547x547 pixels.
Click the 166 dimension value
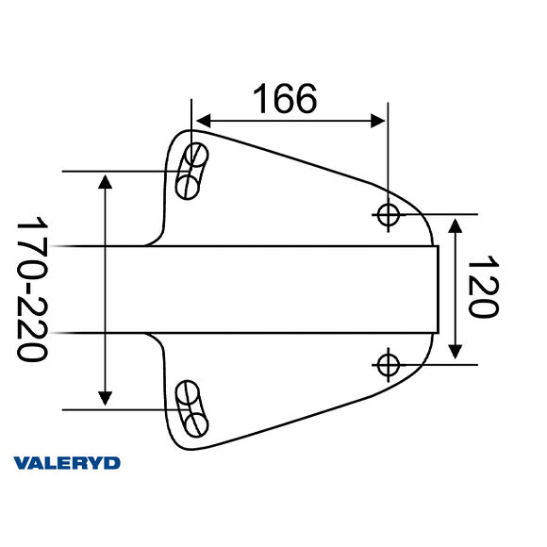[285, 98]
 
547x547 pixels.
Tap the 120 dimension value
[482, 288]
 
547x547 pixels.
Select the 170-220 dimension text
[34, 290]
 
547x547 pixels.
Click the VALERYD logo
[67, 462]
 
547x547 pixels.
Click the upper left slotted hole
[191, 170]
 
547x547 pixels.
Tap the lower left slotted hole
[191, 406]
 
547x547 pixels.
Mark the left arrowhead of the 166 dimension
[200, 121]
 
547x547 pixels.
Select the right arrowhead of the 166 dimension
[379, 121]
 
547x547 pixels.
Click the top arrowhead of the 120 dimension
[456, 224]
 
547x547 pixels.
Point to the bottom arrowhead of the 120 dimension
[456, 353]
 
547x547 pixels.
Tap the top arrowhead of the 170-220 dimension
[106, 181]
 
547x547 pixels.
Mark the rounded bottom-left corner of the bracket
[179, 439]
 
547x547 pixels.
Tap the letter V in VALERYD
[22, 462]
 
